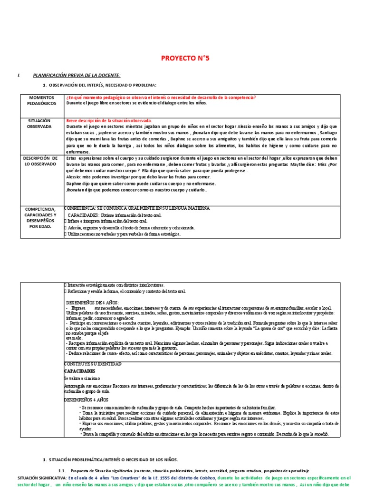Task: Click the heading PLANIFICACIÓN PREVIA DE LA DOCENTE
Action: coord(77,76)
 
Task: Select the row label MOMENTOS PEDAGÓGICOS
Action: coord(42,100)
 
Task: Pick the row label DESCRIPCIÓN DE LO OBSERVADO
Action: coord(42,161)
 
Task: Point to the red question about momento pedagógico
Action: coord(161,97)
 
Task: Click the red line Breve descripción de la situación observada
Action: coord(109,121)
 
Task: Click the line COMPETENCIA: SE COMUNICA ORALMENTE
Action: coord(137,208)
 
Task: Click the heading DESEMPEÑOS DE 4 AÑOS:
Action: coord(92,302)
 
